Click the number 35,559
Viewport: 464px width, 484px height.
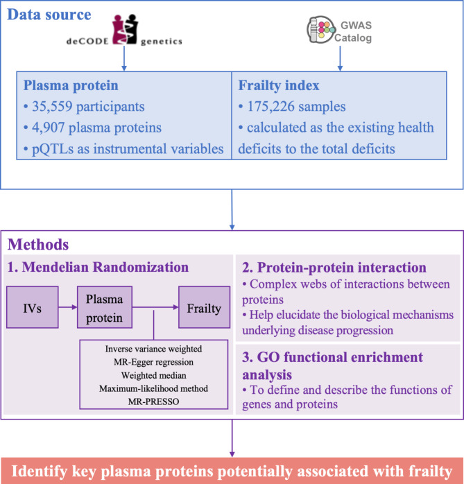coord(63,109)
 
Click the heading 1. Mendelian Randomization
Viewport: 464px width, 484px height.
coord(97,267)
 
